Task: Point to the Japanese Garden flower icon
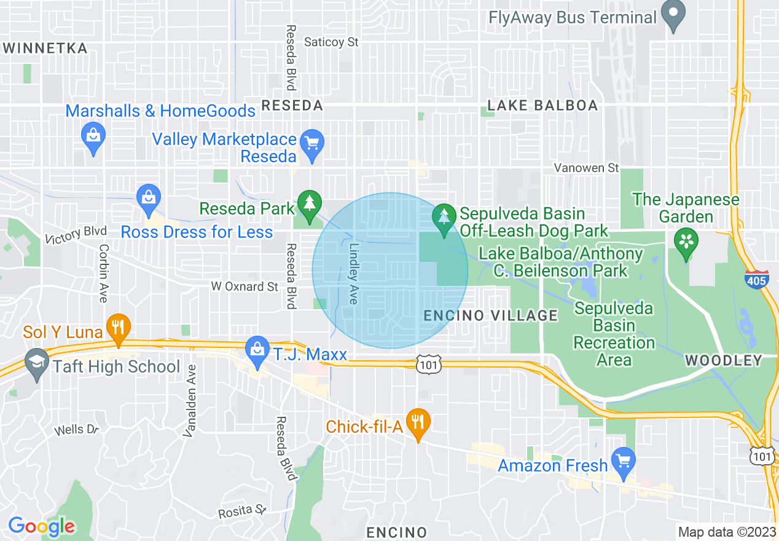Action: pyautogui.click(x=686, y=241)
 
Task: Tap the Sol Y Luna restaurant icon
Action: pyautogui.click(x=117, y=328)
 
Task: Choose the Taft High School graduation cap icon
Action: pyautogui.click(x=37, y=363)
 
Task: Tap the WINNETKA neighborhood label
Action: pyautogui.click(x=45, y=48)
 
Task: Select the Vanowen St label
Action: pyautogui.click(x=586, y=167)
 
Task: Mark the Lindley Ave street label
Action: pyautogui.click(x=353, y=274)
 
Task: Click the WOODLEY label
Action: pyautogui.click(x=723, y=360)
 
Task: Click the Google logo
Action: pyautogui.click(x=41, y=526)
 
